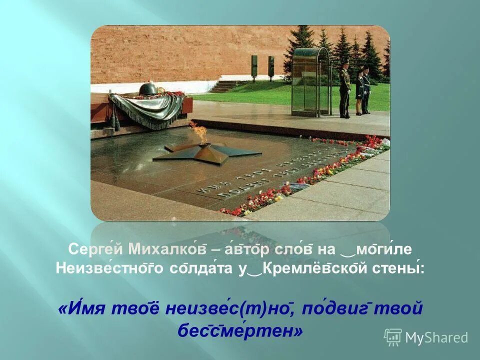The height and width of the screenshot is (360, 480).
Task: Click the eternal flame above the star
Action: pyautogui.click(x=199, y=131)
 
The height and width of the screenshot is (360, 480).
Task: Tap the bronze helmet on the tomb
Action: pyautogui.click(x=148, y=89)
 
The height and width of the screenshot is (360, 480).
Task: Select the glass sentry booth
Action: pyautogui.click(x=311, y=81)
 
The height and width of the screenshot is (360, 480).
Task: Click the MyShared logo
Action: pyautogui.click(x=426, y=337)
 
